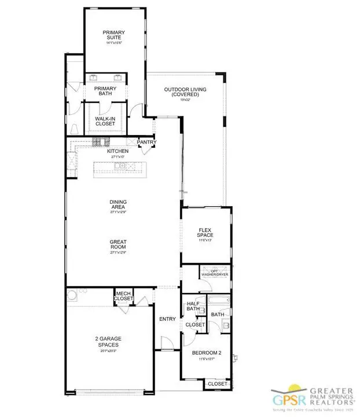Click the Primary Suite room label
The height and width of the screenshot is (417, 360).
[113, 35]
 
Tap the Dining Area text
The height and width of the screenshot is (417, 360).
[119, 204]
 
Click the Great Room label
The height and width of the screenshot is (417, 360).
[119, 246]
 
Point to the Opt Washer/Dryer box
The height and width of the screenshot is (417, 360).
[215, 272]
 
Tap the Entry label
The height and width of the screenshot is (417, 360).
[168, 319]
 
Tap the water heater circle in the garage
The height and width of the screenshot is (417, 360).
[72, 298]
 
